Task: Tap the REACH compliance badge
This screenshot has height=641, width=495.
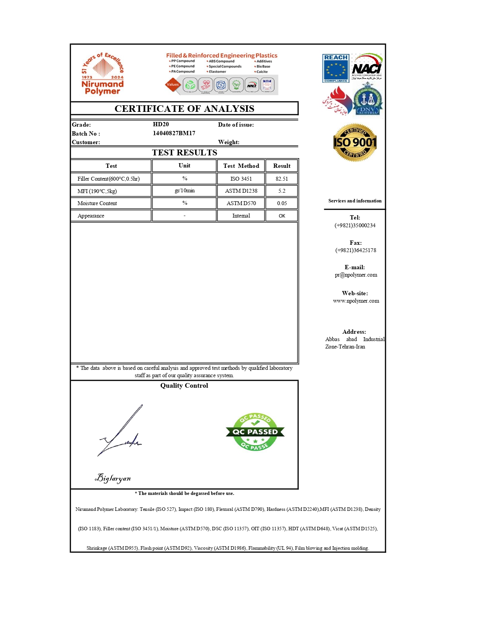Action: (335, 68)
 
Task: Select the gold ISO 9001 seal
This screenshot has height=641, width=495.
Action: (355, 143)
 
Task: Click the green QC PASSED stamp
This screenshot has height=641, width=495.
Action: (255, 432)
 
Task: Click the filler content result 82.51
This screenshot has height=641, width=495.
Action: (282, 179)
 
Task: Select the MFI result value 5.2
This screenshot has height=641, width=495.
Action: (282, 191)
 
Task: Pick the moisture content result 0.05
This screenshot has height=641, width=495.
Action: (282, 203)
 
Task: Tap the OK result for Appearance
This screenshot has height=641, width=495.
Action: (282, 216)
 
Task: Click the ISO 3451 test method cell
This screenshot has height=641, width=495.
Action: (241, 179)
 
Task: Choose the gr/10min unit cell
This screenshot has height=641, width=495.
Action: (184, 191)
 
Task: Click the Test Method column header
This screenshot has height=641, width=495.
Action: (241, 166)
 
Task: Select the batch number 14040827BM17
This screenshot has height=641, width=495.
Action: (174, 133)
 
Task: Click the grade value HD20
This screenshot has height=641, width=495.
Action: (161, 124)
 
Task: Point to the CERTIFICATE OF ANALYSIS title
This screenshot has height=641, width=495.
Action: (184, 109)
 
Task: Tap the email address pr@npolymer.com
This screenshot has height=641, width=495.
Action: (356, 275)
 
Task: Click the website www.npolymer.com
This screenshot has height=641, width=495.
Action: (356, 301)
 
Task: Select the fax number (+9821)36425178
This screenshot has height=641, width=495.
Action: (356, 251)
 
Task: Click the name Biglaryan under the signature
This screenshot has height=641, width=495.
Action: (113, 478)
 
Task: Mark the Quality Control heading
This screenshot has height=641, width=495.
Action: (184, 386)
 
